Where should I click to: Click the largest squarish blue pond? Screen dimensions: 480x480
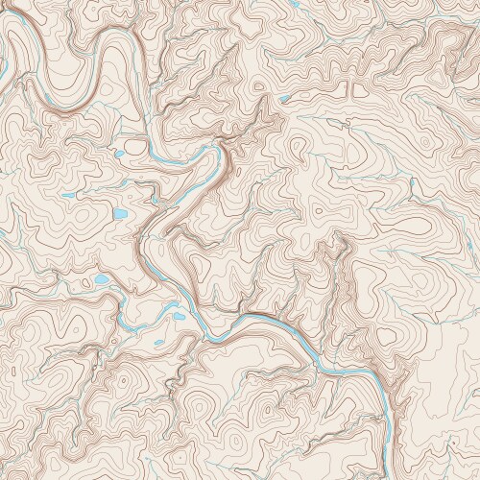[120, 213]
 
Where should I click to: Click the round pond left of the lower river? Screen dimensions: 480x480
[100, 280]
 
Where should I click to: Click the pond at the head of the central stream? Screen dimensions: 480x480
[285, 98]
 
